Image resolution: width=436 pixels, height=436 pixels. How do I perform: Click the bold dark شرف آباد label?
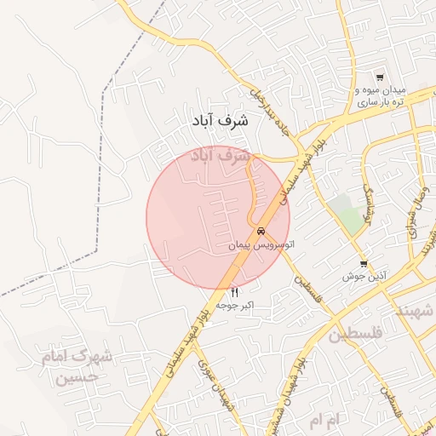pyautogui.click(x=218, y=121)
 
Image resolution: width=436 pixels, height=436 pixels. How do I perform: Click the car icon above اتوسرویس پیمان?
pyautogui.click(x=261, y=232)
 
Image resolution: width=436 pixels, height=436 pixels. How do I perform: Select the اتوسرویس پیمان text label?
pyautogui.click(x=261, y=245)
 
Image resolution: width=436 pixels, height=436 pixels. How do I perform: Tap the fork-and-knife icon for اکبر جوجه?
pyautogui.click(x=235, y=292)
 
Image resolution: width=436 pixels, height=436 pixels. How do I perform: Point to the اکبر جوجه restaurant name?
pyautogui.click(x=235, y=304)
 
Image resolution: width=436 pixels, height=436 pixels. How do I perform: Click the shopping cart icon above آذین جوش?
pyautogui.click(x=364, y=264)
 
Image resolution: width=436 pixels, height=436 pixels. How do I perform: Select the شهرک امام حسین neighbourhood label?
pyautogui.click(x=77, y=366)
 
